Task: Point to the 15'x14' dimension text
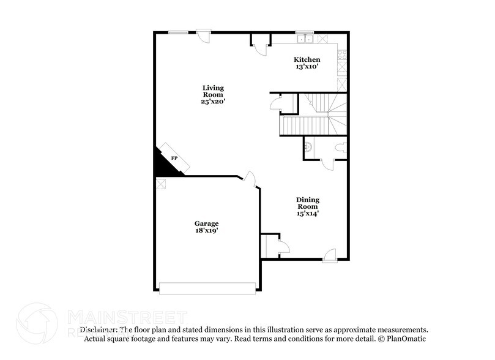tap(308, 214)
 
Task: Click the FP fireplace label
tap(174, 159)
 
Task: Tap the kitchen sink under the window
tap(304, 40)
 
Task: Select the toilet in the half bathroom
tap(341, 147)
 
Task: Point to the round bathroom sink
tap(308, 146)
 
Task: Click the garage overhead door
tap(207, 288)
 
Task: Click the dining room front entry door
tap(329, 255)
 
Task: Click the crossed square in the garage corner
tap(161, 184)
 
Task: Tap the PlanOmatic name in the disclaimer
tap(404, 339)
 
